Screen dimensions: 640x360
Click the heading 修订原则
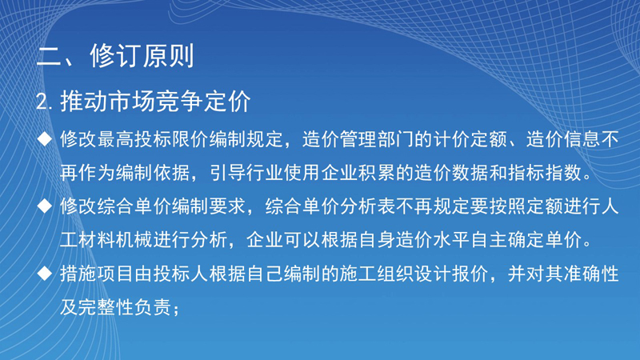pos(142,56)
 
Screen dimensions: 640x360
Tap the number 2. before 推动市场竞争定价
pos(44,102)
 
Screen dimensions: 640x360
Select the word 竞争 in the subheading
pos(179,102)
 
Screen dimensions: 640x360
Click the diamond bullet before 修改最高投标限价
pos(45,138)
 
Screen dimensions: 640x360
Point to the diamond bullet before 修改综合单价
pos(45,206)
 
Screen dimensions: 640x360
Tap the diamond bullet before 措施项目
pos(45,274)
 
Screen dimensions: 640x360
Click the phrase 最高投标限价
pos(153,139)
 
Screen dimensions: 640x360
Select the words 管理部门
pos(376,139)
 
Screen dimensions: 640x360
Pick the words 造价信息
pos(563,139)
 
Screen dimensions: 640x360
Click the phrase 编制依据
pos(153,173)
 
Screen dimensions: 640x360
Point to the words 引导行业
pos(246,173)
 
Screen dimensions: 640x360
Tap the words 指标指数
pos(544,173)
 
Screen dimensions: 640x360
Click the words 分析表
pos(368,206)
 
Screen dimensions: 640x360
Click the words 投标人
pos(182,274)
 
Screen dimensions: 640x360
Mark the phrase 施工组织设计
pos(394,274)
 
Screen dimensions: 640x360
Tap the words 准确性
pos(591,274)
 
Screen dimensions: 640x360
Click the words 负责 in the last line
pos(153,307)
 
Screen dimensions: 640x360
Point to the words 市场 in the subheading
pos(131,102)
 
